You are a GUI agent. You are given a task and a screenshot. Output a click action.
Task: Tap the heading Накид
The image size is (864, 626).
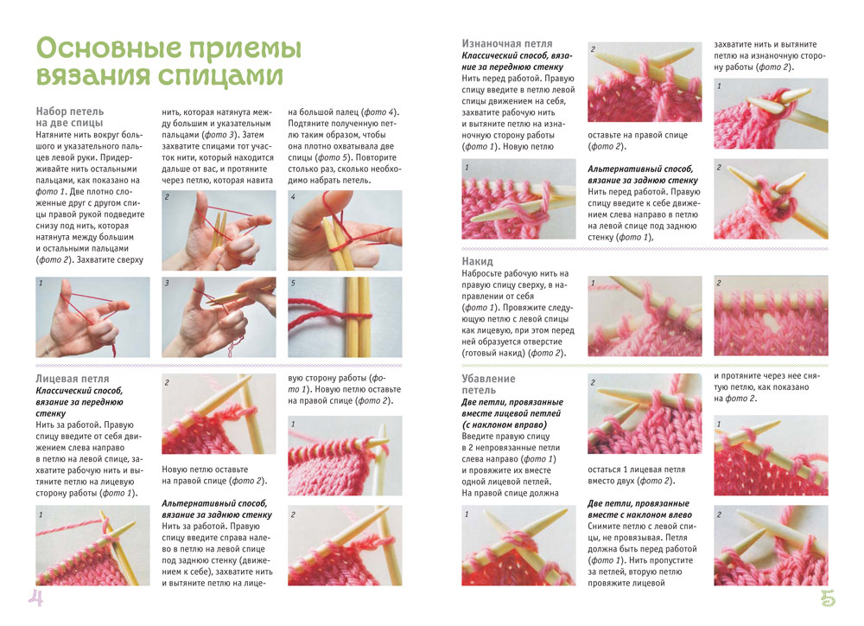pyautogui.click(x=478, y=260)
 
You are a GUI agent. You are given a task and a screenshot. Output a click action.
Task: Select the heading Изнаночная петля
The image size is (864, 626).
pyautogui.click(x=507, y=43)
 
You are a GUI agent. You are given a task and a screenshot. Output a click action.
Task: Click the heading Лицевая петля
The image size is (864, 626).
pyautogui.click(x=73, y=379)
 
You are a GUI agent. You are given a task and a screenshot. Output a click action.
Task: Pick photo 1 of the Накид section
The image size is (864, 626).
pyautogui.click(x=645, y=316)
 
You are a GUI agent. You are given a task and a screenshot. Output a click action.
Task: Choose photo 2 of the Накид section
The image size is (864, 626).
pyautogui.click(x=771, y=316)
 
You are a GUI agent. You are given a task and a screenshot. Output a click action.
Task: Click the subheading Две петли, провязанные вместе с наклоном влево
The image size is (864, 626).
pyautogui.click(x=638, y=509)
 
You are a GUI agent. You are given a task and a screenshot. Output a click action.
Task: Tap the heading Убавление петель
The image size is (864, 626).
pyautogui.click(x=488, y=385)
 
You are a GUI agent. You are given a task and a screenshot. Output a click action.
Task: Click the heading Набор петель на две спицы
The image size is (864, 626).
pyautogui.click(x=70, y=118)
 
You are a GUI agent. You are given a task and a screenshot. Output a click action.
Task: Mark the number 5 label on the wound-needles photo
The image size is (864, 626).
pyautogui.click(x=293, y=283)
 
